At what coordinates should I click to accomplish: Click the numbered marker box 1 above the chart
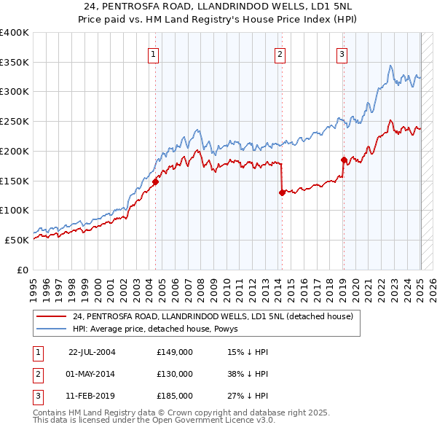coord(154,52)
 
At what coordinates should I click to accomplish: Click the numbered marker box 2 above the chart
coord(280,52)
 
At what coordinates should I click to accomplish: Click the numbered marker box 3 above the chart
coord(342,52)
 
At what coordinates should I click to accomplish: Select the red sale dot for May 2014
coord(281,192)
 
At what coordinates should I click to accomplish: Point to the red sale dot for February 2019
coord(343,160)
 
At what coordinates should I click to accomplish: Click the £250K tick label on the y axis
coord(14,121)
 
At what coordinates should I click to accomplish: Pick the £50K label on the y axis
coord(17,240)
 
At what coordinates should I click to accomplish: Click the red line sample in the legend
coord(52,316)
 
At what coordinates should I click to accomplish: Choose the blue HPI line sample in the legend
coord(52,329)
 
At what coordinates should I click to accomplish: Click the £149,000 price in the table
coord(174,352)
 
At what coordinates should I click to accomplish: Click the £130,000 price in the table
coord(174,374)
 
